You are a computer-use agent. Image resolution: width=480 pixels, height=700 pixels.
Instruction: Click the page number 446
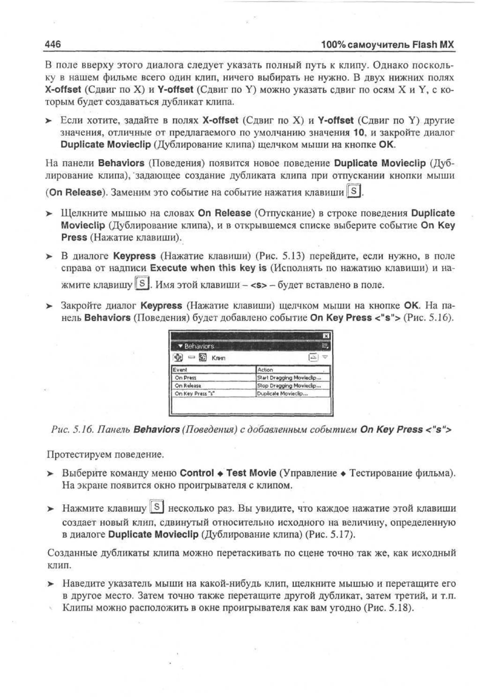pos(53,44)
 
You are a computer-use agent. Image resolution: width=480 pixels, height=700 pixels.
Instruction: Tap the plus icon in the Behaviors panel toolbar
pos(178,357)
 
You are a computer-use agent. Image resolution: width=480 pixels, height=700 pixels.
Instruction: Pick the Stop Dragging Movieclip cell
pos(289,386)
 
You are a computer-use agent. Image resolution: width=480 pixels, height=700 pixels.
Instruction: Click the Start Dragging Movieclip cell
pos(289,378)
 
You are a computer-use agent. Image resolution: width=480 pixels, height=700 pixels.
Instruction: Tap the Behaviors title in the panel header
pos(199,346)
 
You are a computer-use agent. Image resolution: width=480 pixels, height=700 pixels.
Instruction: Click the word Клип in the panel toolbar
pos(218,358)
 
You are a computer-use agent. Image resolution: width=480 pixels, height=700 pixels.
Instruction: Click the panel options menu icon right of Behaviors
pos(325,346)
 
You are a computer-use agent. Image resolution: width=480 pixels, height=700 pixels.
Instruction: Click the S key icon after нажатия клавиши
pos(354,191)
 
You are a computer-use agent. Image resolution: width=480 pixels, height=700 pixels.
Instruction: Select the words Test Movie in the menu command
pos(251,473)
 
